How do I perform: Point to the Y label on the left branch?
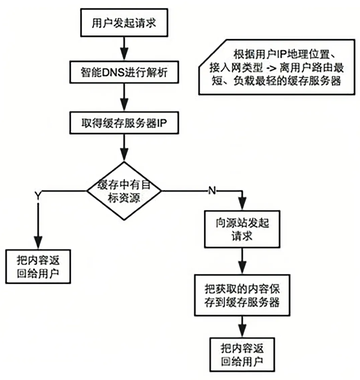38,189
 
